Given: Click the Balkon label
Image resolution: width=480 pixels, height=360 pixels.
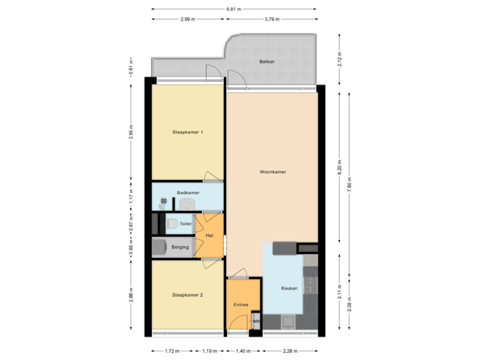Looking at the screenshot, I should [267, 62].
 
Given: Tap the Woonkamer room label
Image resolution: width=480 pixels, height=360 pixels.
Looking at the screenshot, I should [273, 171].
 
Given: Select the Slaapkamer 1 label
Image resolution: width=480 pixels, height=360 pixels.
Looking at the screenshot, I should [187, 132].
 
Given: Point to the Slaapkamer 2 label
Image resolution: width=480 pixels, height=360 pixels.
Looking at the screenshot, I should [187, 294].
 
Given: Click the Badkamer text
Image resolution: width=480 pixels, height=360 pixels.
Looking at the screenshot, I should [188, 193].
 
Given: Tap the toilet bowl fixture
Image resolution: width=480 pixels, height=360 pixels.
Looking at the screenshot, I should [172, 224].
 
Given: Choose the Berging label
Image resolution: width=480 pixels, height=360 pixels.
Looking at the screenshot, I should [180, 247].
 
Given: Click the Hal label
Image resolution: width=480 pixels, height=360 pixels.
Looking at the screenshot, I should [209, 235].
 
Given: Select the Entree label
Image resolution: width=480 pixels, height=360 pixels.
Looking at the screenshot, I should [241, 305].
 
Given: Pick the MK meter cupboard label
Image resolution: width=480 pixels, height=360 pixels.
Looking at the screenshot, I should [257, 323].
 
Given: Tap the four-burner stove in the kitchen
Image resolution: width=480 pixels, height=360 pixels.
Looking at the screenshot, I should [311, 286].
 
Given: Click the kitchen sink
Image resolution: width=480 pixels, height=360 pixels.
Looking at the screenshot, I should [289, 323].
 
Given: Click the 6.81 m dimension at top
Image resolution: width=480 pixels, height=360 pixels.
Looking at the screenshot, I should [233, 9].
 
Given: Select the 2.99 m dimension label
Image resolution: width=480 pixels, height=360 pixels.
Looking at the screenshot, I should [187, 19].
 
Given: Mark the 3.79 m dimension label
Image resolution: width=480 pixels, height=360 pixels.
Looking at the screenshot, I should [271, 19].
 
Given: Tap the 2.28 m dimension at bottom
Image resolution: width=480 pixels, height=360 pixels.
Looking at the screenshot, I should [289, 351].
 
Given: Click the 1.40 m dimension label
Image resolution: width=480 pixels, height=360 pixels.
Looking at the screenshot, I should [243, 351].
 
